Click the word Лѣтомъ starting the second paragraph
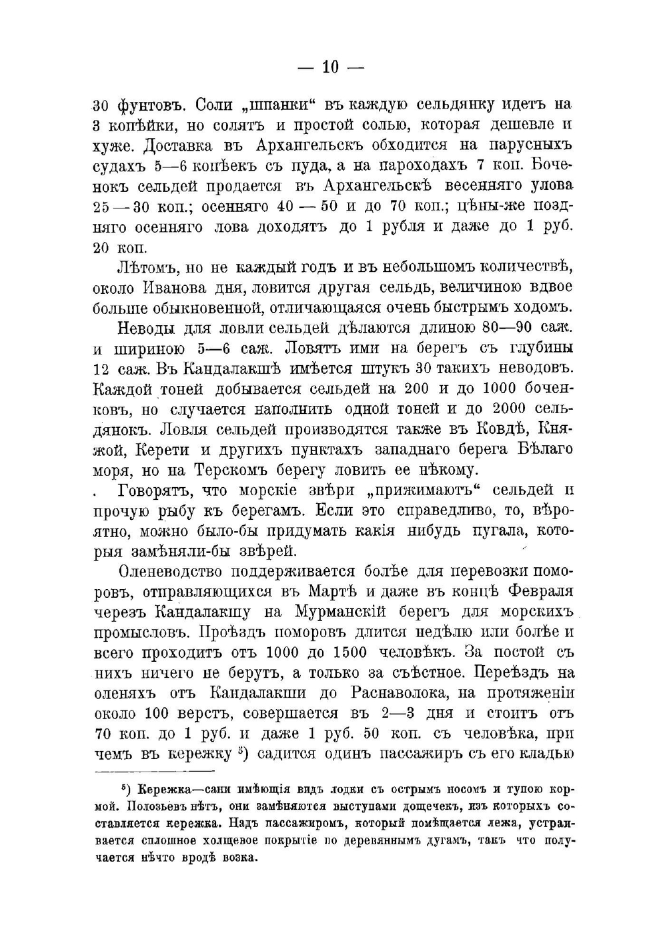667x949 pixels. coord(147,268)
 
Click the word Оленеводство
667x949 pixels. coord(169,572)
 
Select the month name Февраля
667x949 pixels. coord(540,592)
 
